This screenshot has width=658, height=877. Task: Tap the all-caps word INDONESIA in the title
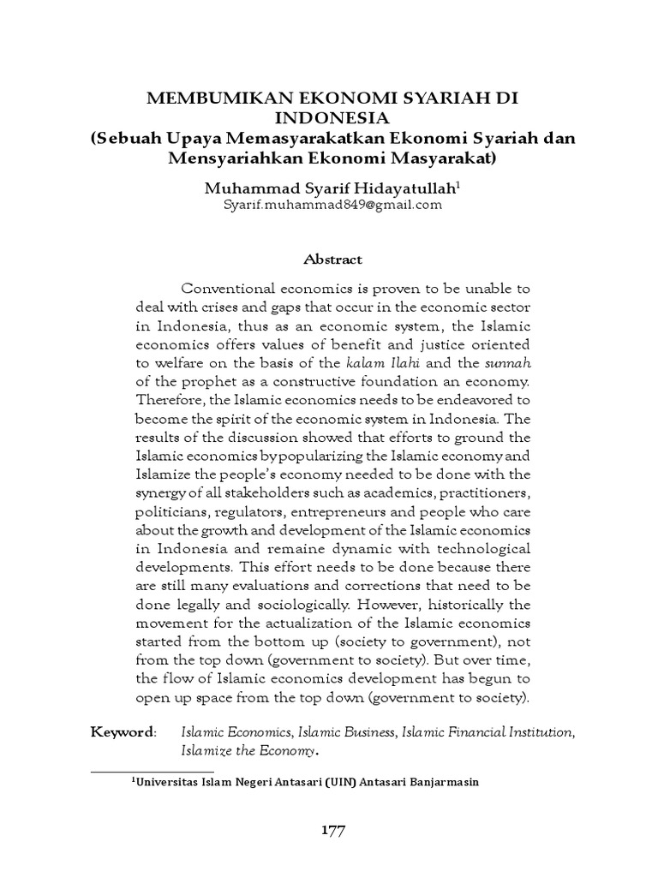coord(328,119)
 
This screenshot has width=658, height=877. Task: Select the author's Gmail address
coord(329,206)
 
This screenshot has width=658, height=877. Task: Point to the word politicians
coord(170,512)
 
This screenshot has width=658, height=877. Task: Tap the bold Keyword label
coord(123,733)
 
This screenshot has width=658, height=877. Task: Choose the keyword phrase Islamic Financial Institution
coord(487,733)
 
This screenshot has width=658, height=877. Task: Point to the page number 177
coord(329,829)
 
